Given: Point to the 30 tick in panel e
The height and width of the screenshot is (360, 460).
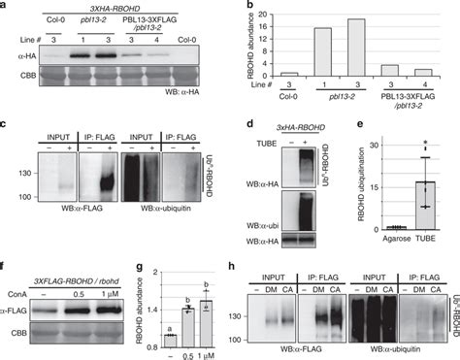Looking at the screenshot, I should pyautogui.click(x=366, y=147).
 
